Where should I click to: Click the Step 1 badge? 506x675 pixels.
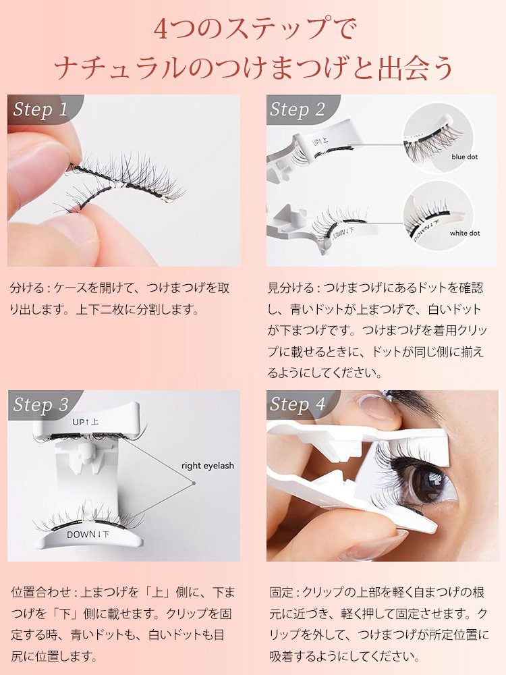pyautogui.click(x=40, y=110)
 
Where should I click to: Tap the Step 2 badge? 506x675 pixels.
pyautogui.click(x=298, y=110)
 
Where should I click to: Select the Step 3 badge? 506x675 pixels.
pyautogui.click(x=40, y=405)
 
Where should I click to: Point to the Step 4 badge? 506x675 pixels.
pyautogui.click(x=298, y=405)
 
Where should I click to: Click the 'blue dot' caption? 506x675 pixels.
pyautogui.click(x=465, y=157)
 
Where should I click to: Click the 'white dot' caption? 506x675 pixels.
pyautogui.click(x=465, y=233)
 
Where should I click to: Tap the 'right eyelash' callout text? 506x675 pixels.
pyautogui.click(x=208, y=466)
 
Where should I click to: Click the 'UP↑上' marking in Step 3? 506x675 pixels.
pyautogui.click(x=86, y=422)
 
